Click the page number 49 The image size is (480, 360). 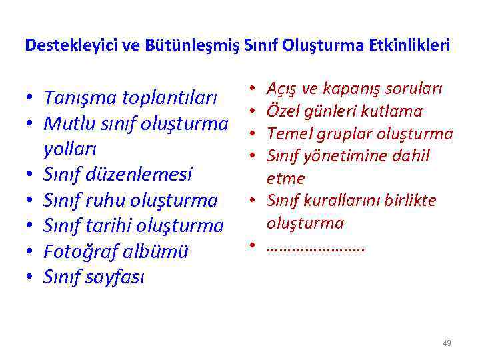pos(446,343)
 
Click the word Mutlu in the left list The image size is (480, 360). pos(65,123)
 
